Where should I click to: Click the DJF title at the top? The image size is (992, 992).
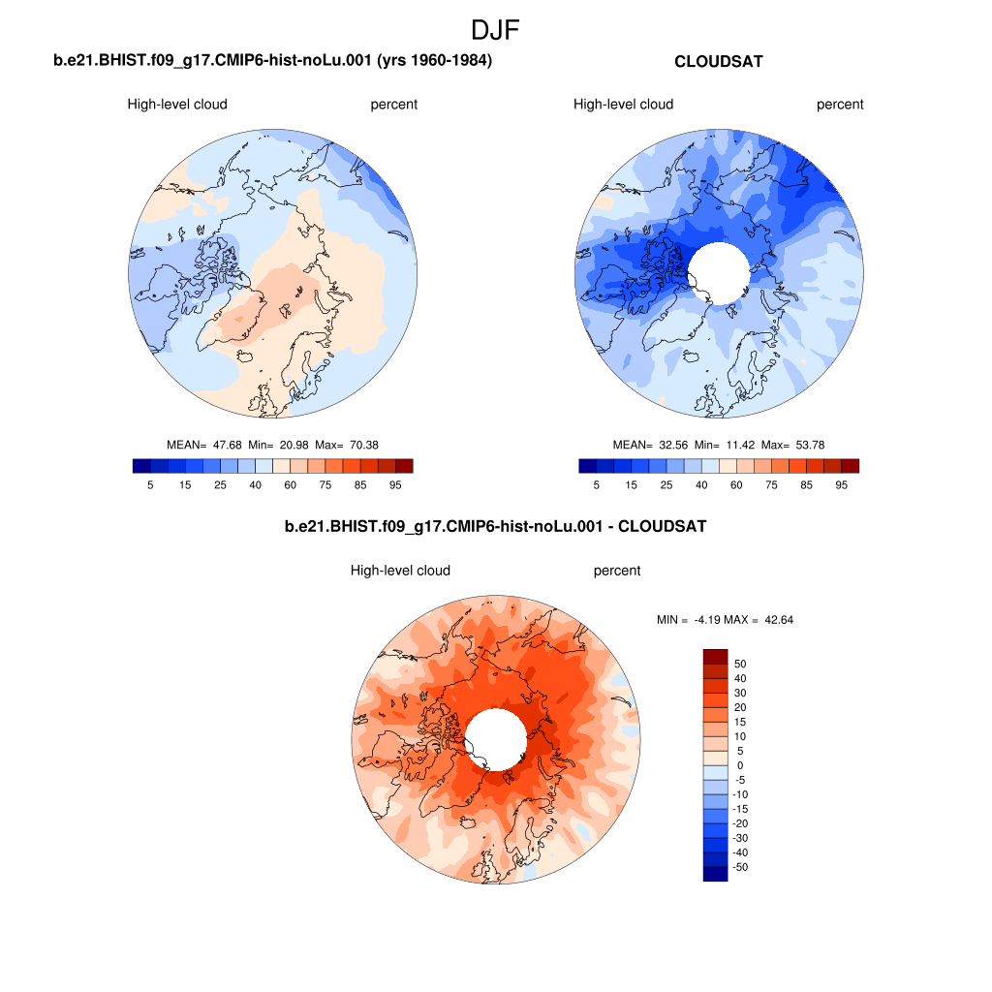click(495, 30)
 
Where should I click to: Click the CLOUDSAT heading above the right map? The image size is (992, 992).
click(718, 61)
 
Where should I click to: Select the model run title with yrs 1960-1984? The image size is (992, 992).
click(272, 61)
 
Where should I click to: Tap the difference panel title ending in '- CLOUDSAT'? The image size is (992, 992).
click(495, 527)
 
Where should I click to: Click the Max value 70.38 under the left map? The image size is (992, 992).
click(363, 445)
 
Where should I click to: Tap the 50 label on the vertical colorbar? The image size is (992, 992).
click(741, 664)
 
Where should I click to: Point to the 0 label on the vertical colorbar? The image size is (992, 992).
click(740, 765)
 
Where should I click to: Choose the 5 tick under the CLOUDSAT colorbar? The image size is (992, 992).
click(596, 484)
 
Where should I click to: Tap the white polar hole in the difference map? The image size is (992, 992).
click(496, 738)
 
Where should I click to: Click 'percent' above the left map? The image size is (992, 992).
click(393, 105)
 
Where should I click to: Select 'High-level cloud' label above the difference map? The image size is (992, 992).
click(400, 571)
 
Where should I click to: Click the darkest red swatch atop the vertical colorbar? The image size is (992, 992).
click(715, 656)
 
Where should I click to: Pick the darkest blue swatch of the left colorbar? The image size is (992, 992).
click(141, 466)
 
